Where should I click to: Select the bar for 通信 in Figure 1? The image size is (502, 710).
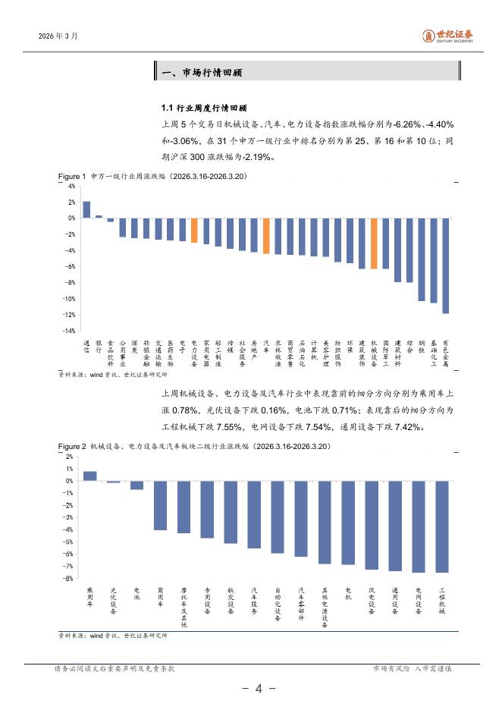86,209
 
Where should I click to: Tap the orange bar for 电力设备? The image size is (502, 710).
194,231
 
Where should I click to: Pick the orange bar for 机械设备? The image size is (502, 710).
374,243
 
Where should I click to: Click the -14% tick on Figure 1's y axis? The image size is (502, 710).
69,331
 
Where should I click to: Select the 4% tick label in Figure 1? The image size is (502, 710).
71,186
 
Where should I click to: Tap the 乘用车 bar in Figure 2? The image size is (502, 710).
89,476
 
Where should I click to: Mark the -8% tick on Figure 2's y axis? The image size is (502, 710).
68,579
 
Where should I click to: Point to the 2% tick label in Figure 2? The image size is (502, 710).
70,457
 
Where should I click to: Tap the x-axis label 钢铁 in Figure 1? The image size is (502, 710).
422,345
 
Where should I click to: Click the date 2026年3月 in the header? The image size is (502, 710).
58,36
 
